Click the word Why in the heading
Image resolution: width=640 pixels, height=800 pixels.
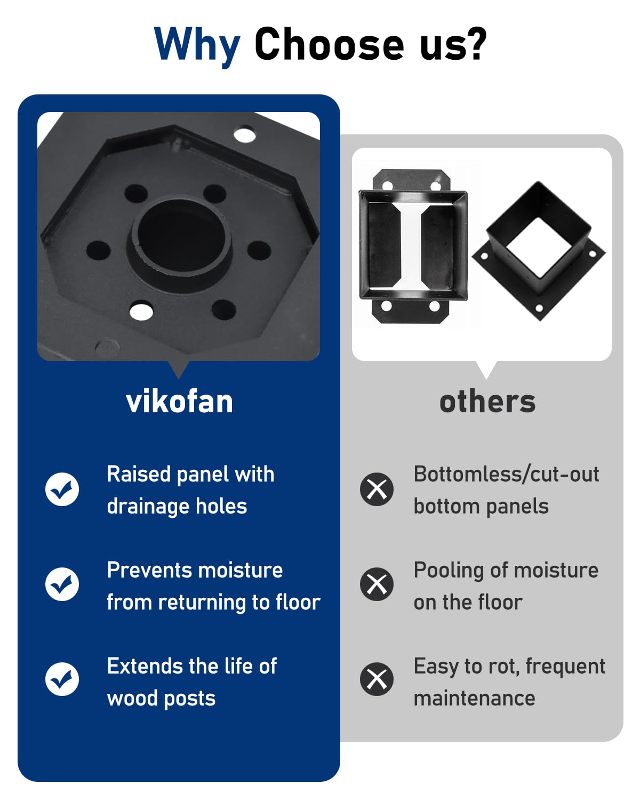click(197, 45)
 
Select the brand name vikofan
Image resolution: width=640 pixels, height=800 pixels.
click(179, 402)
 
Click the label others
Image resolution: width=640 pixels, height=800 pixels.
click(487, 402)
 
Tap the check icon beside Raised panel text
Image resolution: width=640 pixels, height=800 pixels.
click(62, 489)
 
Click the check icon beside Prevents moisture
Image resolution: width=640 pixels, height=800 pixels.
click(62, 584)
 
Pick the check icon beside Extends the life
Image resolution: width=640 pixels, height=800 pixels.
click(62, 679)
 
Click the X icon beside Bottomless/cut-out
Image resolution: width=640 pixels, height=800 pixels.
click(377, 489)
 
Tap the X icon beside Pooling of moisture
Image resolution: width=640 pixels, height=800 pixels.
click(377, 584)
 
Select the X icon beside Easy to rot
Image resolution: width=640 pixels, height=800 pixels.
click(377, 679)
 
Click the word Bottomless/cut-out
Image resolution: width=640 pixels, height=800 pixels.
click(506, 474)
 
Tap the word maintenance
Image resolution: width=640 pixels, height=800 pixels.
click(474, 698)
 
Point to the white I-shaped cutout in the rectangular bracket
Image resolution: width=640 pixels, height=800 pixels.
click(412, 245)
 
